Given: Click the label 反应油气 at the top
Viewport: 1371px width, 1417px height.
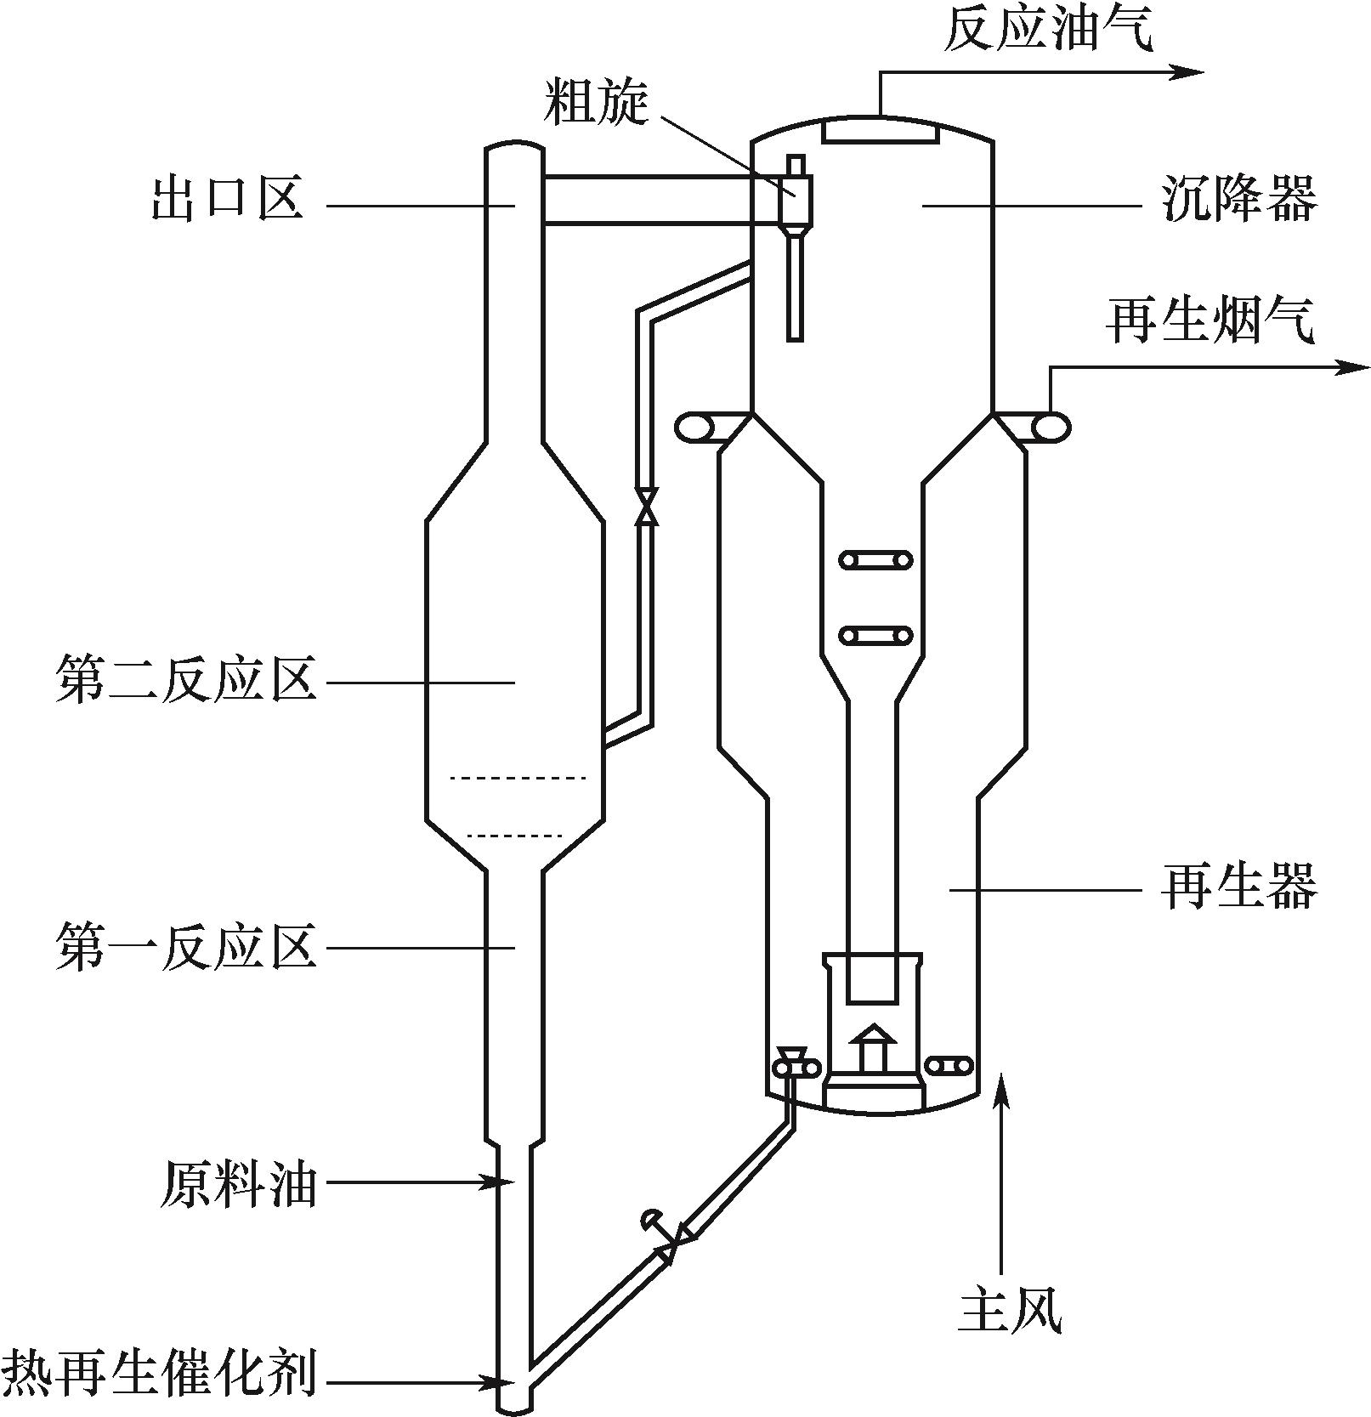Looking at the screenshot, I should point(1049,31).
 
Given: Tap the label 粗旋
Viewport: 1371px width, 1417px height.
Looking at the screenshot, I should point(597,103).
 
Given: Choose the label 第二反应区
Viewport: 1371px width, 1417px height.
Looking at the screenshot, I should point(186,681).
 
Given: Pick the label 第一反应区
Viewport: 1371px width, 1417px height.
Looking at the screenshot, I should point(186,946).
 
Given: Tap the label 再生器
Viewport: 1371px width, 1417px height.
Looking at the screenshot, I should point(1239,887).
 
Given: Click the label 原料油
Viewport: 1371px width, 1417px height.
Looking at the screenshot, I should point(238,1184).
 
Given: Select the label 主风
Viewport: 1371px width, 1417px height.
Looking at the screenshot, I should point(1011,1311).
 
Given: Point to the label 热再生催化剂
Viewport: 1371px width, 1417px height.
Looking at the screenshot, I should point(160,1374).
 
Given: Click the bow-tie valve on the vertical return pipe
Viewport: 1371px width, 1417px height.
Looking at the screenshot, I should point(647,505).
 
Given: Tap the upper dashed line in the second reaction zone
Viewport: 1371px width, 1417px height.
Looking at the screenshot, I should point(518,778).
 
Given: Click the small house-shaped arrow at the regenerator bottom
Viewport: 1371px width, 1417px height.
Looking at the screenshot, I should point(873,1045).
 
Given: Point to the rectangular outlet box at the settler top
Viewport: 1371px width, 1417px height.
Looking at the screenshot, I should point(881,131).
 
